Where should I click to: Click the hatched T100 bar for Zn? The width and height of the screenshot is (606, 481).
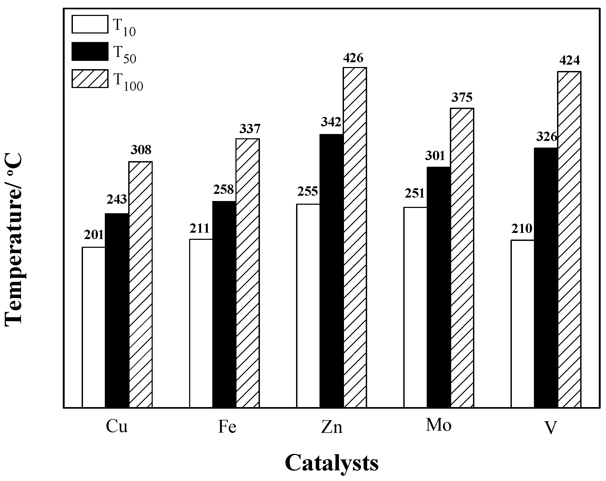coord(355,237)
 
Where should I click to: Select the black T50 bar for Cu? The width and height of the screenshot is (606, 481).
coord(117,311)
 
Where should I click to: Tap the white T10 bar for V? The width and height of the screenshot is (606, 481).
coord(522,324)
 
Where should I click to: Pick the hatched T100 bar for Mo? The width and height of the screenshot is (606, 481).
coord(462,258)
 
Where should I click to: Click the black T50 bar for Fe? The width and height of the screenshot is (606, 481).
coord(224,304)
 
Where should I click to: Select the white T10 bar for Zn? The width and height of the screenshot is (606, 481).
coord(308,306)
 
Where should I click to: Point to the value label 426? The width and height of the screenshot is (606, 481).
coord(353,58)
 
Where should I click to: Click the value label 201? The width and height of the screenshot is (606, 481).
coord(94,235)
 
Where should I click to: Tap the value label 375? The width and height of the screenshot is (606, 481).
coord(462,98)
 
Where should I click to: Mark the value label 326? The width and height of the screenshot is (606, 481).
coord(547,137)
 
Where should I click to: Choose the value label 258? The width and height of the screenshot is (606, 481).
coord(223,190)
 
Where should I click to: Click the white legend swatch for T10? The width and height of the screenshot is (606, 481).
coord(90,24)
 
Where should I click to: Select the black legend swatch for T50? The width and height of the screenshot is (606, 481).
coord(90,51)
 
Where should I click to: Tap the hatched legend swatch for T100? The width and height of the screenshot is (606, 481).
coord(90,79)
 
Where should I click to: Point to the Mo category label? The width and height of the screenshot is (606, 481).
coord(438,425)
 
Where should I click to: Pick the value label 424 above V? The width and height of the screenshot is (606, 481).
coord(570,60)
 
